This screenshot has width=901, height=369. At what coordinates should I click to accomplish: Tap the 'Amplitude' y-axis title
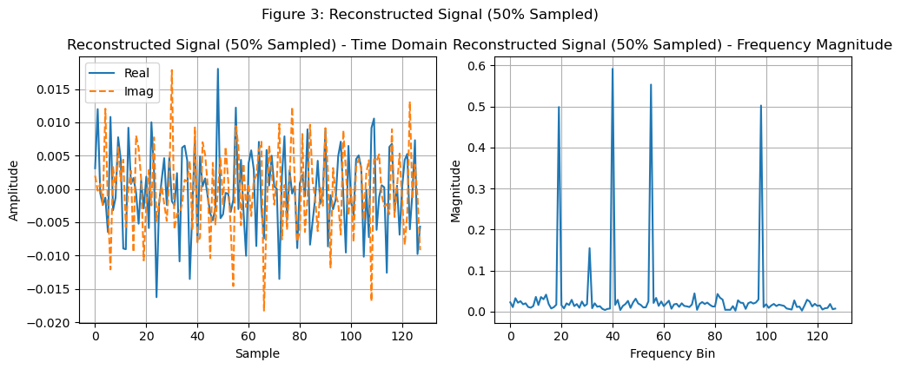pyautogui.click(x=14, y=189)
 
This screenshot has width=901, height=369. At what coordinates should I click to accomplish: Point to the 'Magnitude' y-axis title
pyautogui.click(x=456, y=189)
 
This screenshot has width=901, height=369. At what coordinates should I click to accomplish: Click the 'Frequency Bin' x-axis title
pyautogui.click(x=672, y=353)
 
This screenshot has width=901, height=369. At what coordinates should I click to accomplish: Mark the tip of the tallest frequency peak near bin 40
pyautogui.click(x=613, y=69)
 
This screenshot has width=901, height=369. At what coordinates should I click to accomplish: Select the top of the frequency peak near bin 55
pyautogui.click(x=651, y=84)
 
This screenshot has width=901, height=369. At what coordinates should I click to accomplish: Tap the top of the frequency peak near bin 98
pyautogui.click(x=761, y=106)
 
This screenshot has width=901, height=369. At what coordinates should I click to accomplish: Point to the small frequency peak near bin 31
pyautogui.click(x=589, y=248)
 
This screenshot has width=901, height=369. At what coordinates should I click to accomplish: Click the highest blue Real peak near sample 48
pyautogui.click(x=218, y=69)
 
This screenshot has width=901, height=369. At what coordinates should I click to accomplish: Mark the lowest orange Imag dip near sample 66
pyautogui.click(x=264, y=310)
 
